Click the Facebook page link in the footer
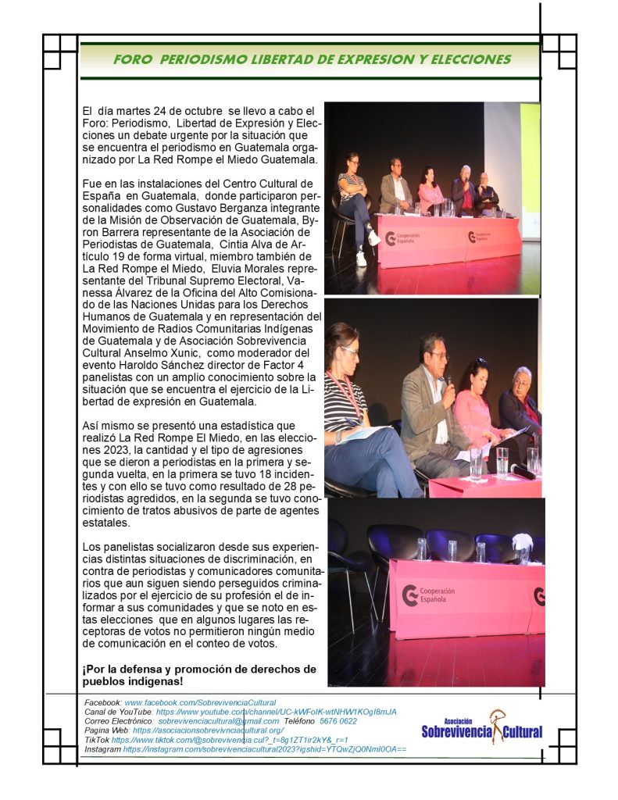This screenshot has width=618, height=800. (x=200, y=703)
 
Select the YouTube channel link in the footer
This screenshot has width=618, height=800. (x=276, y=712)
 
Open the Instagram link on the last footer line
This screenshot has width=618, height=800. (x=264, y=749)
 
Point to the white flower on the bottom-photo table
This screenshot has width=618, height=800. (x=522, y=541)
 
